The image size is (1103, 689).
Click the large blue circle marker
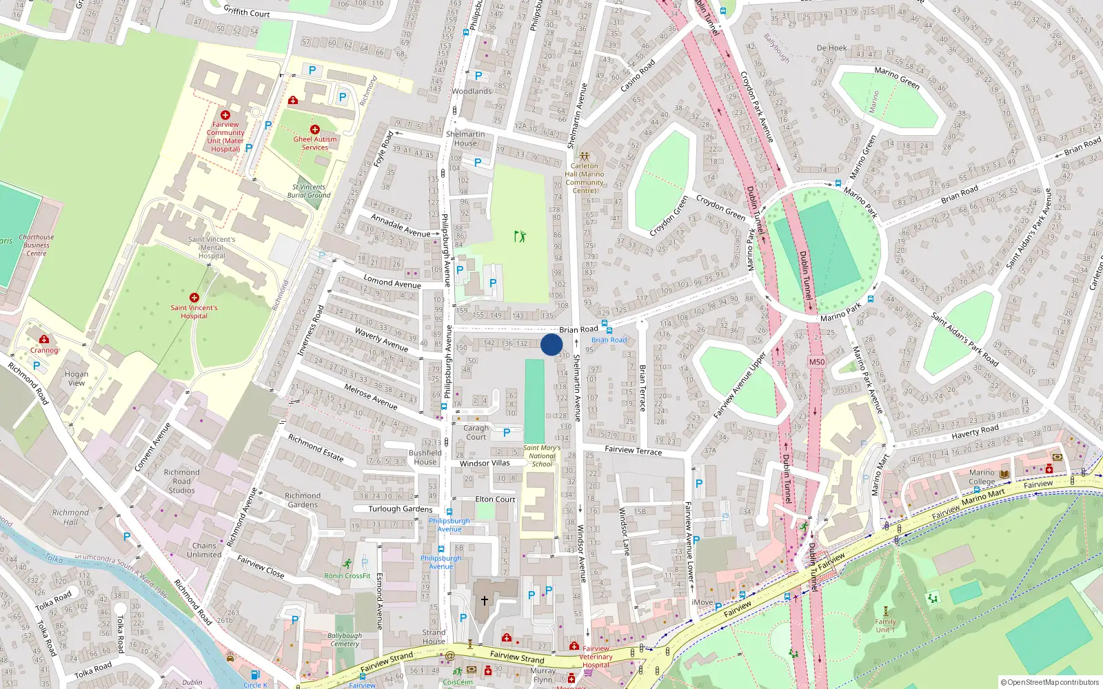point(551,344)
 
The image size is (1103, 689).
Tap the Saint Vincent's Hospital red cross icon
point(194,298)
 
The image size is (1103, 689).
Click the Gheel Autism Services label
point(315,143)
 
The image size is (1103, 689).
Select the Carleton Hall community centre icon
point(585,156)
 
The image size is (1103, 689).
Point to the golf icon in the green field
point(520,236)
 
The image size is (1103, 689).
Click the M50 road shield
point(817,362)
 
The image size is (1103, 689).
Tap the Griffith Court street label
point(247,11)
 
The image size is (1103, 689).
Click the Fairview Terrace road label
point(633,450)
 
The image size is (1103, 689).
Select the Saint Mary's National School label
point(542,455)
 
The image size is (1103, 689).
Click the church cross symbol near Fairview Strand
point(485,601)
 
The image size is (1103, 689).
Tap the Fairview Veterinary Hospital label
point(596,657)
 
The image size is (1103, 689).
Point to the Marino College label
point(982,477)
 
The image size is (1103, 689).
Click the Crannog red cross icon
point(44,339)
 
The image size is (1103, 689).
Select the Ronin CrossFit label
point(347,575)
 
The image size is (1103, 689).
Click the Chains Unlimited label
point(204,550)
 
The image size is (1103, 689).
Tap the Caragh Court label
point(476,432)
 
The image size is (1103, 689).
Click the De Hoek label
point(831,48)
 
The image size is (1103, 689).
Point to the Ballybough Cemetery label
point(345,639)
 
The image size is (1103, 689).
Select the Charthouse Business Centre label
point(37,245)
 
